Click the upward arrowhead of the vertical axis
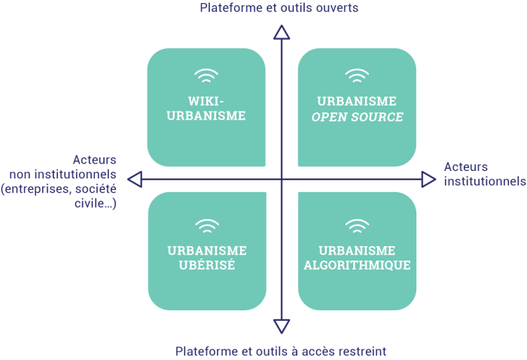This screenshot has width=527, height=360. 282,32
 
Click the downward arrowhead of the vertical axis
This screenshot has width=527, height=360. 282,325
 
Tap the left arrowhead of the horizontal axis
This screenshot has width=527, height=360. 135,179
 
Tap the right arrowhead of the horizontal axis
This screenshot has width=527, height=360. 428,179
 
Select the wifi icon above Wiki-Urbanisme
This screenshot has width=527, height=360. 206,75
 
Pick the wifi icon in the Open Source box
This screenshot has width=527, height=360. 357,75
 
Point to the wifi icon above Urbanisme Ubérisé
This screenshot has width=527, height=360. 206,224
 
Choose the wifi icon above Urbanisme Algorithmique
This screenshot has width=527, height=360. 357,224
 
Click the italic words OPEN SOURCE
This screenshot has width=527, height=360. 358,117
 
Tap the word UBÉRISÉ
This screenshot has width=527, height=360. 206,266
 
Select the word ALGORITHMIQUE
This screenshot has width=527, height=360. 357,266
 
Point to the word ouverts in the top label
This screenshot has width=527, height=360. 337,8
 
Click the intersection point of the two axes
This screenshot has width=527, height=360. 282,179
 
